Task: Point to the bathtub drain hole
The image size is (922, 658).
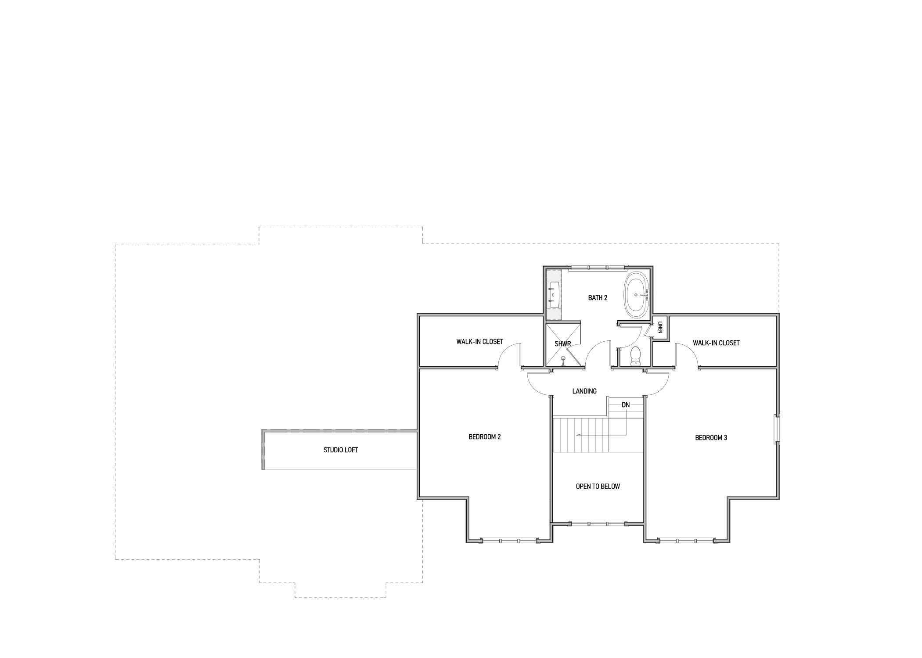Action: [636, 295]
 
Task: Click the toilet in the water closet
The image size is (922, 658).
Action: [635, 356]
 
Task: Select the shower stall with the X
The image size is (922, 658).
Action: [563, 344]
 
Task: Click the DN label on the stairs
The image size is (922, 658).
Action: [626, 405]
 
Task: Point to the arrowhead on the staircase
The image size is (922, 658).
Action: [578, 435]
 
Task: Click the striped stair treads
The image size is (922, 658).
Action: [581, 435]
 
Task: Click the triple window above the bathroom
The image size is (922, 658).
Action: [598, 267]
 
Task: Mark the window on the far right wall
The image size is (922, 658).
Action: [778, 429]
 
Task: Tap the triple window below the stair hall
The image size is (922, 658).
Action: [598, 524]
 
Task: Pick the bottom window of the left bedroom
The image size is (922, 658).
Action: [509, 541]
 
